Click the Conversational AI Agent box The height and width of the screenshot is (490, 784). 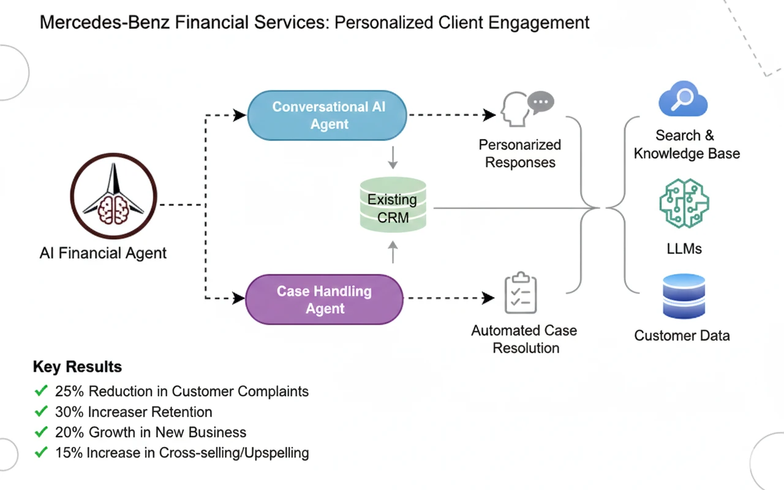click(327, 115)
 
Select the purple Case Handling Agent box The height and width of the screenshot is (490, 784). click(324, 300)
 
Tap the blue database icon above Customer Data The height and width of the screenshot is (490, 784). click(684, 296)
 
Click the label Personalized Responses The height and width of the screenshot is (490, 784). click(520, 154)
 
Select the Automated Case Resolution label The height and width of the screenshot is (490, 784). click(524, 339)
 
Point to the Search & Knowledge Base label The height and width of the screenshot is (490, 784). click(687, 145)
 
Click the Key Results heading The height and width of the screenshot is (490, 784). click(77, 367)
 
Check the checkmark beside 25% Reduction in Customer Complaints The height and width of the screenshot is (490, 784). click(41, 391)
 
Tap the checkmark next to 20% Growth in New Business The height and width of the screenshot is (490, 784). click(41, 432)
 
